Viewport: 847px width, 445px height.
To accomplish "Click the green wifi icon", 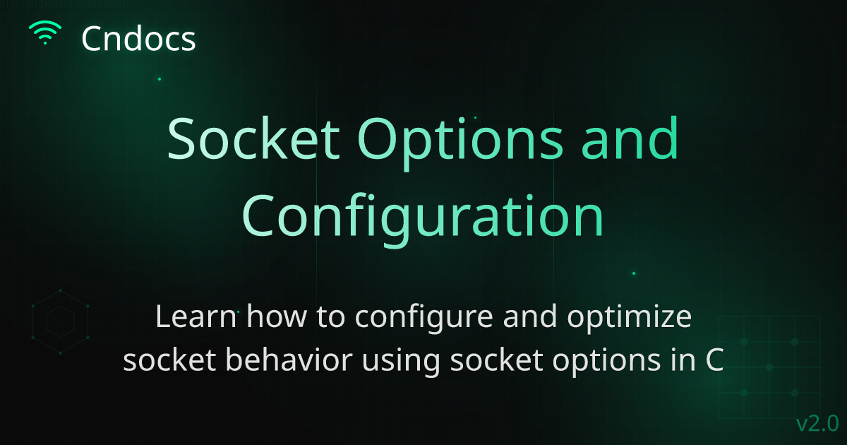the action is point(45,32).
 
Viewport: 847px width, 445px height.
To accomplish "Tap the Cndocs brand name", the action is point(138,39).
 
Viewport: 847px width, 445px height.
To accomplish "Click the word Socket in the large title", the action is point(253,138).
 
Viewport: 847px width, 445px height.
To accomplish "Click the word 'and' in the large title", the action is point(630,138).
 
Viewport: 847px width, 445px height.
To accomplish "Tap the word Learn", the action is point(196,316).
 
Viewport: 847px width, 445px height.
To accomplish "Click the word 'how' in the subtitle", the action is point(277,316).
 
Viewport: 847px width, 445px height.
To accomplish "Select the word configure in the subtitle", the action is point(424,319).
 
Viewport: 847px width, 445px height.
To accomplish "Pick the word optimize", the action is point(629,319).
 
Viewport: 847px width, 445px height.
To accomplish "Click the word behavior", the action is point(289,360).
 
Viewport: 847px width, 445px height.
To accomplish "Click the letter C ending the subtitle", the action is point(714,360).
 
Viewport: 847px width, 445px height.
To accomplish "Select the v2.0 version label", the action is point(817,423).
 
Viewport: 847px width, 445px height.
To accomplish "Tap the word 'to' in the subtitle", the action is point(330,318).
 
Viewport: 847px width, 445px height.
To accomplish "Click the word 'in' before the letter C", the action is point(683,360).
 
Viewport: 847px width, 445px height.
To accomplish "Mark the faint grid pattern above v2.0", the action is point(769,367).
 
